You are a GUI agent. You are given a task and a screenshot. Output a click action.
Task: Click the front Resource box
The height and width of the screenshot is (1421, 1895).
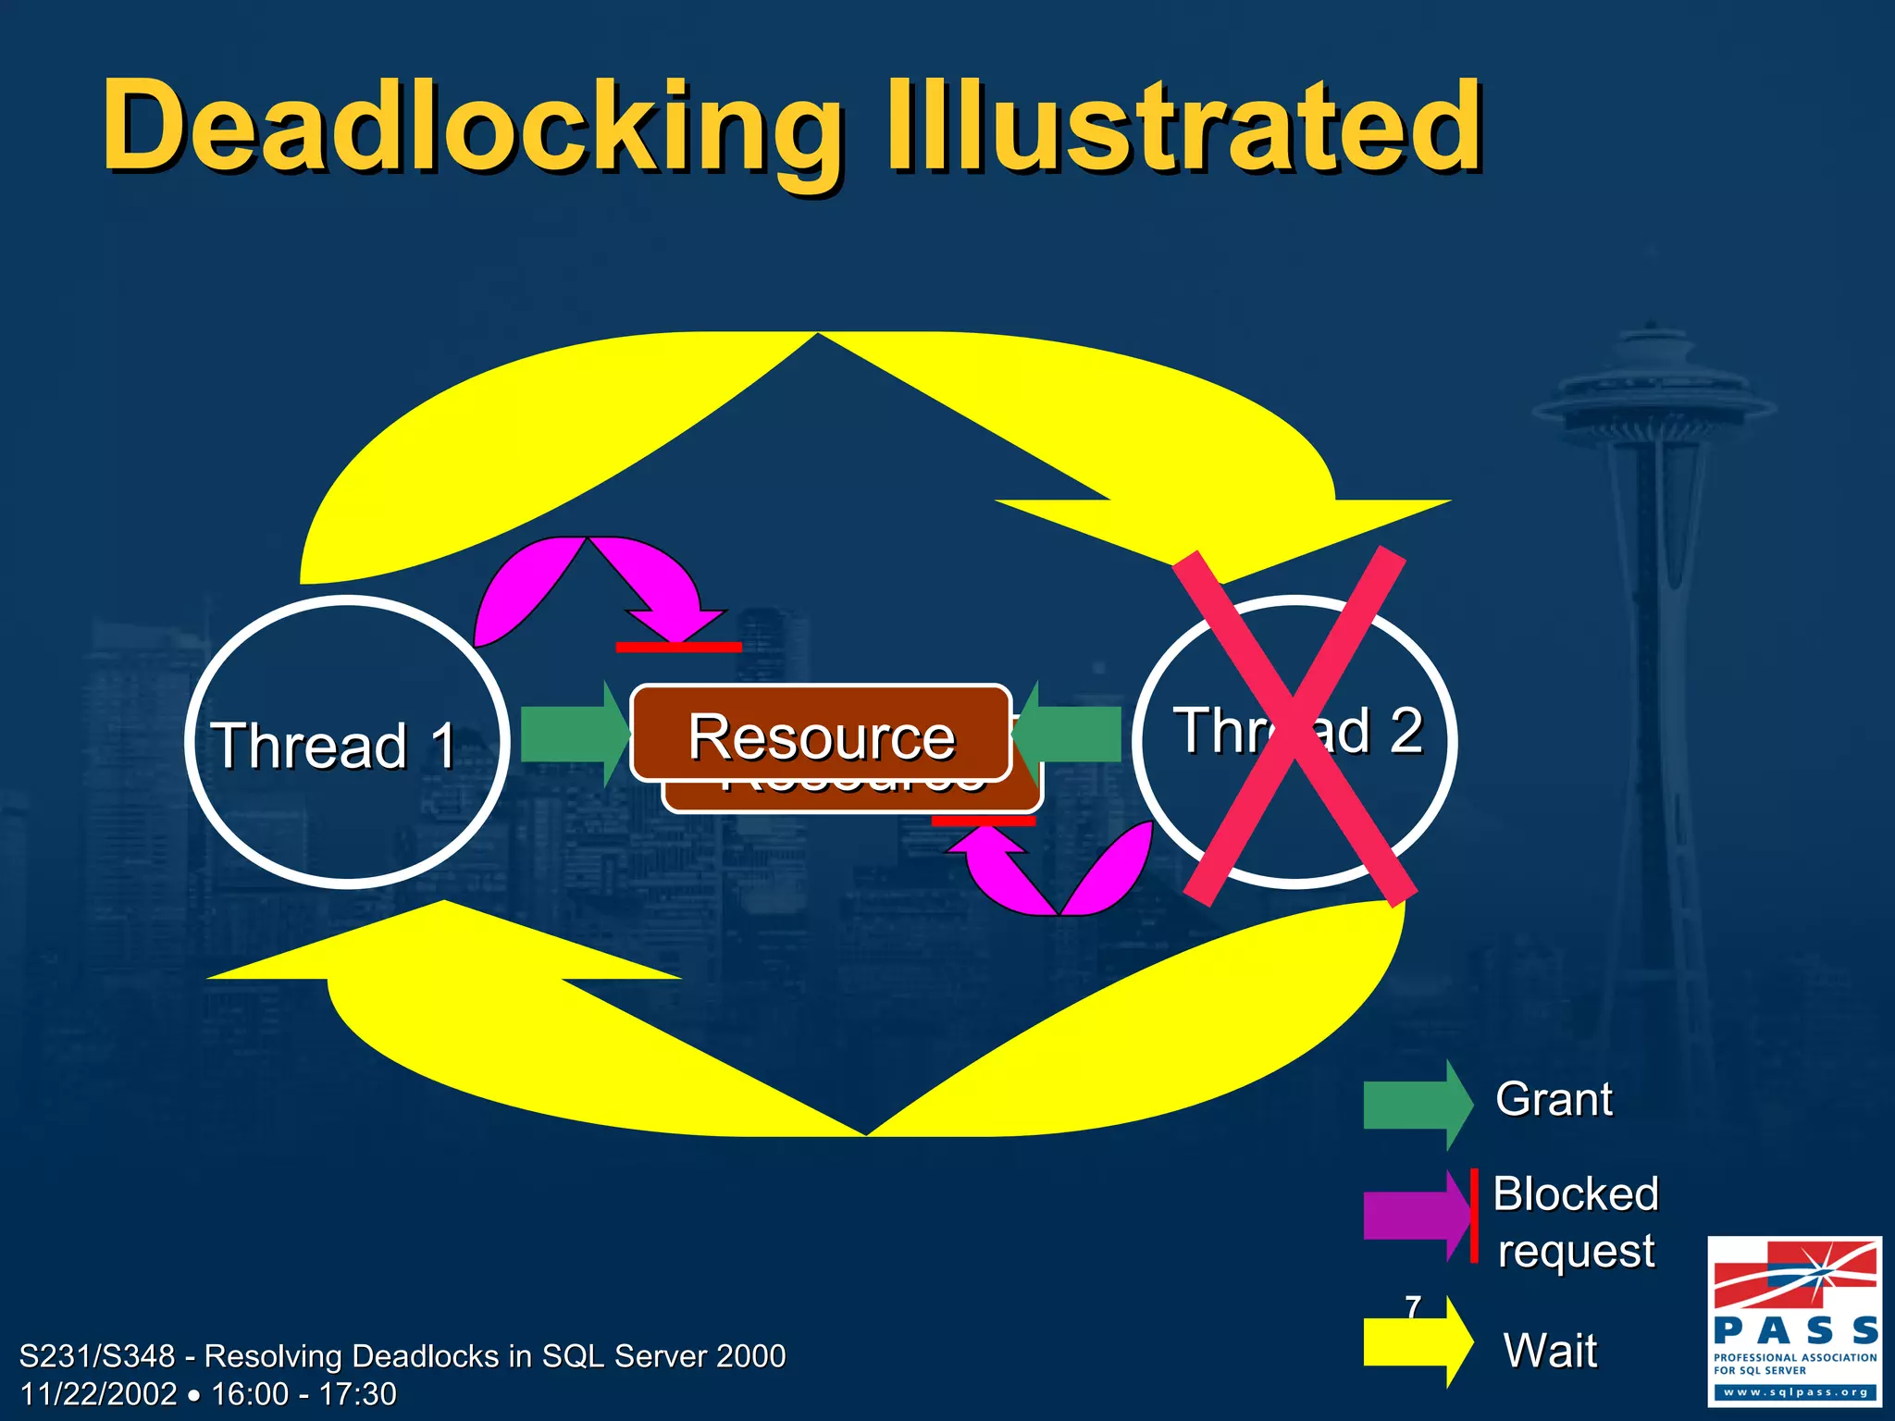point(821,735)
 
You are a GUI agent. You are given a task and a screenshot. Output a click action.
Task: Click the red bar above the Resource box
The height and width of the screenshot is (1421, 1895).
point(678,647)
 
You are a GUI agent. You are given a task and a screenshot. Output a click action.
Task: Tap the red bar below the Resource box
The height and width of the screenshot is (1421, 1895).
point(983,821)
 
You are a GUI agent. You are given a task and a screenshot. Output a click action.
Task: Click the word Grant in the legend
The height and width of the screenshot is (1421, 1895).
point(1554,1100)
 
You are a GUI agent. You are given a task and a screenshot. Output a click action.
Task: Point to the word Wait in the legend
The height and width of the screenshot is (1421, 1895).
point(1550,1351)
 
